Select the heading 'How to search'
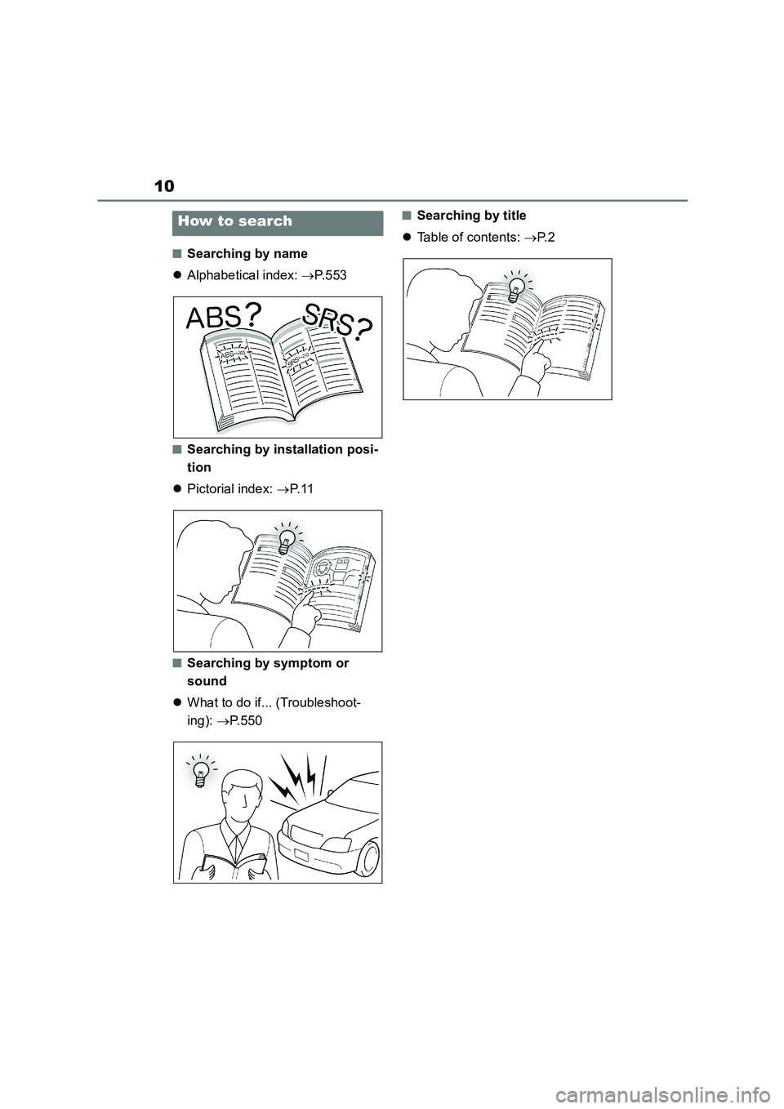click(x=235, y=221)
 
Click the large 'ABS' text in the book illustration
click(x=216, y=317)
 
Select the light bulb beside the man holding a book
click(x=199, y=771)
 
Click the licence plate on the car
click(x=302, y=855)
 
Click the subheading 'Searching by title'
click(x=471, y=216)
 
